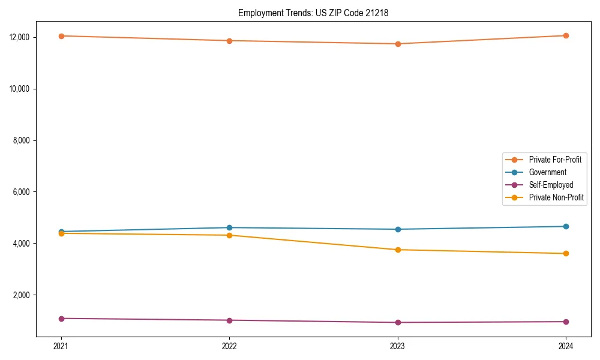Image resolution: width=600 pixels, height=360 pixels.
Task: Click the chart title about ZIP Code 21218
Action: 313,13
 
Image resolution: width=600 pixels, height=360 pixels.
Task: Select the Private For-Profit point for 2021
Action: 61,36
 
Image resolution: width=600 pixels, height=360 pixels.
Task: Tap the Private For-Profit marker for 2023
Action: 398,44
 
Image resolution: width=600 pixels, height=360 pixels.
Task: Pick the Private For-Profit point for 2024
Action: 566,35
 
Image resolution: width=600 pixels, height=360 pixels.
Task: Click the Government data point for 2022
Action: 229,227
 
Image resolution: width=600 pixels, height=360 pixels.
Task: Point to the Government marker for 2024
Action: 566,226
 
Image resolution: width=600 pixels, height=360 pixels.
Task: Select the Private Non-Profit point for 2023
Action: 398,250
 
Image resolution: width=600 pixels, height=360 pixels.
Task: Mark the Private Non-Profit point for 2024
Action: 566,253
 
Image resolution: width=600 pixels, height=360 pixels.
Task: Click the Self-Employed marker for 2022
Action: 229,320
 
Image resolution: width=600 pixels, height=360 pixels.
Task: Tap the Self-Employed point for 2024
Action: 566,322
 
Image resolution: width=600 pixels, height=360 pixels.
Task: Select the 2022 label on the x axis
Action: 229,346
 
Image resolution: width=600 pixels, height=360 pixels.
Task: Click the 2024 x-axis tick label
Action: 566,346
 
